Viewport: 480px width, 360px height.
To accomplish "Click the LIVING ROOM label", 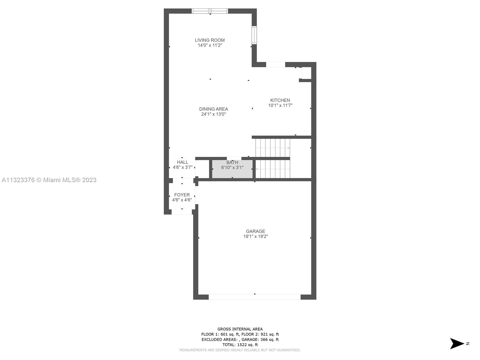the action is (210, 40).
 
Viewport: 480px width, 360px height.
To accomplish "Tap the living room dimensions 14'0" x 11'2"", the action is (210, 45).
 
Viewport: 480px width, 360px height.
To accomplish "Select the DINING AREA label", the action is (213, 109).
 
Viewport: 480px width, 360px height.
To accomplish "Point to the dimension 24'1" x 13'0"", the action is (213, 114).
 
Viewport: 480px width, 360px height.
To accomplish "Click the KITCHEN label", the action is (280, 100).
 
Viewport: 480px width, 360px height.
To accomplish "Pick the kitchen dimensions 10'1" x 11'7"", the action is (280, 105).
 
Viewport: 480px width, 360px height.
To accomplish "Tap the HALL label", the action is (183, 162).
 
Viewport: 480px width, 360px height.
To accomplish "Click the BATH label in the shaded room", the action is (232, 162).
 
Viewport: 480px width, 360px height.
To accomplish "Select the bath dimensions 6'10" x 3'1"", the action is (232, 168).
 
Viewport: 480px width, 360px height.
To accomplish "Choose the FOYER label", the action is (182, 195).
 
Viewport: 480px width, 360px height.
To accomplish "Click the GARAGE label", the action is (255, 231).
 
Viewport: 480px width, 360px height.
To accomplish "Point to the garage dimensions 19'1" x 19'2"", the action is (256, 236).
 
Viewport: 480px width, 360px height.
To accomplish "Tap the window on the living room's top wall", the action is (210, 11).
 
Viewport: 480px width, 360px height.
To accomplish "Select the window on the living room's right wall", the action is (254, 35).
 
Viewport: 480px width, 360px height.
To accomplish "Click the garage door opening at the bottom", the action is (254, 297).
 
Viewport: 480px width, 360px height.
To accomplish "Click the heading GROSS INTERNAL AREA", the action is (240, 329).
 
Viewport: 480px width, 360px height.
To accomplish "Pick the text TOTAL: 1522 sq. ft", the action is (240, 345).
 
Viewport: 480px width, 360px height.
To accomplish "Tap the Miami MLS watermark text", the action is (49, 180).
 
